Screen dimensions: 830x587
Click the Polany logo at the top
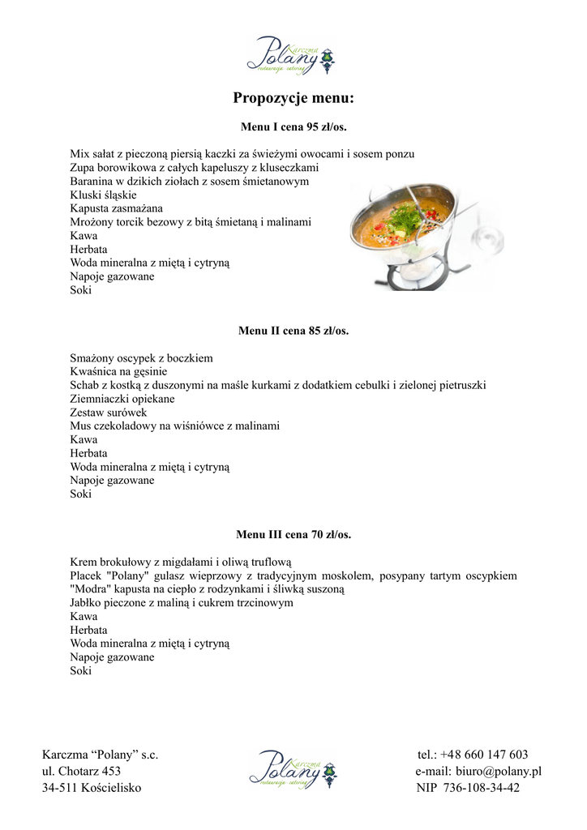coord(292,57)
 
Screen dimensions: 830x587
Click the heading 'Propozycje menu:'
coord(293,99)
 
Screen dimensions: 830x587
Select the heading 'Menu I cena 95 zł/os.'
coord(293,126)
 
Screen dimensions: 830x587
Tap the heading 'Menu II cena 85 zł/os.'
coord(293,331)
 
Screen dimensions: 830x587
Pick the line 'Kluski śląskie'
coord(103,195)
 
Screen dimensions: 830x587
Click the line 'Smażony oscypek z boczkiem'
coord(141,357)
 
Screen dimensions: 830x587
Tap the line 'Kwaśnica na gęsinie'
coord(118,371)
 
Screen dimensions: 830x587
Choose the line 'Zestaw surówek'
coord(109,412)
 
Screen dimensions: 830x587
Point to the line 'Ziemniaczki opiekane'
coord(122,399)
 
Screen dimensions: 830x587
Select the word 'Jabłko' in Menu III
coord(86,602)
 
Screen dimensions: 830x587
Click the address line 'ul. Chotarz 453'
coord(82,771)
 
